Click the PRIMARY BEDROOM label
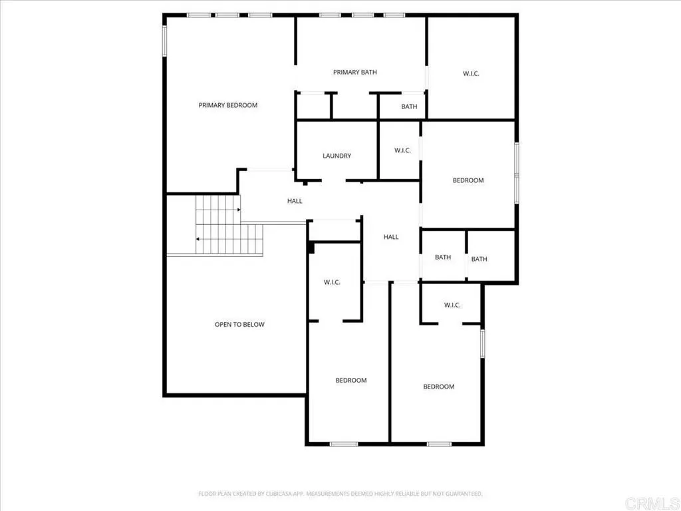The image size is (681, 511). pos(227,105)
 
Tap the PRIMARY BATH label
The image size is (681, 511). pos(355,72)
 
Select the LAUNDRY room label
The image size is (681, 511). pos(337,156)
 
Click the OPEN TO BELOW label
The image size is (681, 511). pos(239,324)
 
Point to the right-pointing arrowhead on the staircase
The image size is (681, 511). pos(239,210)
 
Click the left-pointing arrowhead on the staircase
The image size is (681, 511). pos(198,239)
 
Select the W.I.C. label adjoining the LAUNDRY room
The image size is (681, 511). pos(402,150)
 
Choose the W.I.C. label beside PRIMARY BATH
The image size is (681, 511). pos(471,73)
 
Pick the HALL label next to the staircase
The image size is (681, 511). pos(295,201)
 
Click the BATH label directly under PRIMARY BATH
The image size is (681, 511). pos(409,106)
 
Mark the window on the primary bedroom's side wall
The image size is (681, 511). pos(165,41)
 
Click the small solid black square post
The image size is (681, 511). pos(311,248)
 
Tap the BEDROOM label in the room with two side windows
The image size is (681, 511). pos(468,180)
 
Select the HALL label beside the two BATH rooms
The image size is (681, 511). pos(391,237)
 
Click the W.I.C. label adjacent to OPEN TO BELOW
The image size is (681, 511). pos(332,282)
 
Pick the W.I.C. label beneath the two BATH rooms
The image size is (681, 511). pos(452,305)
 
